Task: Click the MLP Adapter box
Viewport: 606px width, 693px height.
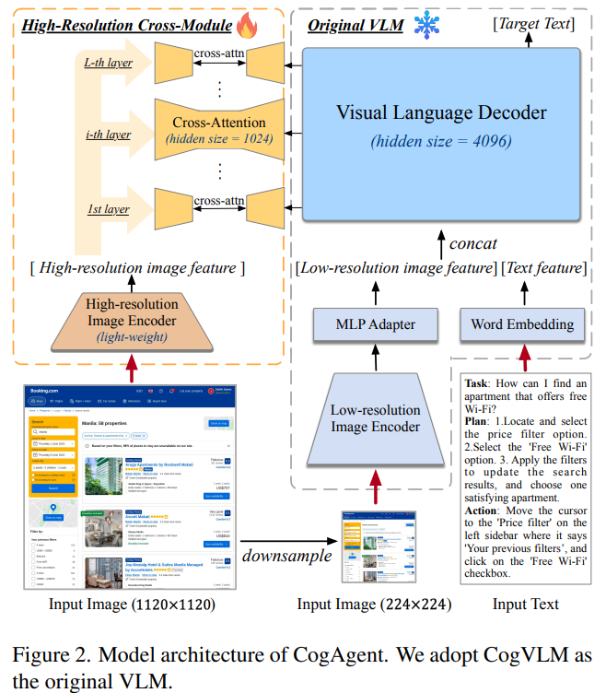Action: click(375, 324)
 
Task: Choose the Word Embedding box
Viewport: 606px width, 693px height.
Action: click(522, 324)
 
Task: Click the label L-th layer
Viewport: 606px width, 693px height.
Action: click(108, 64)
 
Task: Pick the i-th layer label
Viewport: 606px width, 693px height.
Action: click(108, 135)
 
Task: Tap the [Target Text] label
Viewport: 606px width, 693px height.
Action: click(531, 22)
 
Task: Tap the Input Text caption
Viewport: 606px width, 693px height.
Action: click(525, 605)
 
